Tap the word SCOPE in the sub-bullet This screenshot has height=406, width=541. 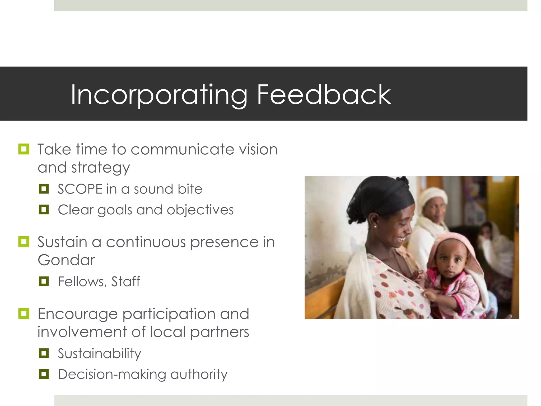tap(80, 189)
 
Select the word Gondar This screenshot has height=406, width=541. tap(66, 260)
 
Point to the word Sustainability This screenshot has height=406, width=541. tap(100, 354)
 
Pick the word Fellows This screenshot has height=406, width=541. tap(81, 282)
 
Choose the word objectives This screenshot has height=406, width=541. tap(200, 210)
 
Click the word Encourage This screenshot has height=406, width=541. tap(77, 314)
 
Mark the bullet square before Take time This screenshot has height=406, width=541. tap(24, 149)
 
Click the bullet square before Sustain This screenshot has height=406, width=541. tap(24, 242)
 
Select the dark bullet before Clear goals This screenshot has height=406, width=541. tap(44, 210)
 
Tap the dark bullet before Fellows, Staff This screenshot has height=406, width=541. tap(44, 282)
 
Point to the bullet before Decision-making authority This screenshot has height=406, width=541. tap(44, 374)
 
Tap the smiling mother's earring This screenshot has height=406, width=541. tap(375, 227)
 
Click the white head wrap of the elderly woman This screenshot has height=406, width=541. tap(433, 196)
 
